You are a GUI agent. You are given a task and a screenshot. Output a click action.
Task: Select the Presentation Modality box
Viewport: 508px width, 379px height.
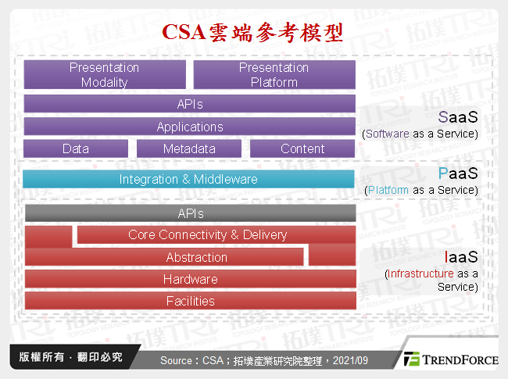[105, 75]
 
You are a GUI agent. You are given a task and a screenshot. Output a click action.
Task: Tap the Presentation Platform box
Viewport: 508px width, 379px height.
[274, 75]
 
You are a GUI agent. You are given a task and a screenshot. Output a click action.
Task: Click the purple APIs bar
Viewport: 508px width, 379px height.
[190, 104]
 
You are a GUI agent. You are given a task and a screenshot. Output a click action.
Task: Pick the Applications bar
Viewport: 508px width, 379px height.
[190, 127]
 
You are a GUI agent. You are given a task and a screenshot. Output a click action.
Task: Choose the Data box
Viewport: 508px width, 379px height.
[76, 148]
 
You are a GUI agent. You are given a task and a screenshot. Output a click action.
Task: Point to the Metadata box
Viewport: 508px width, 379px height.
[190, 148]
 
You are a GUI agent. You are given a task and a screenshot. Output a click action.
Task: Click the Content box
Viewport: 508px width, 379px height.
[302, 148]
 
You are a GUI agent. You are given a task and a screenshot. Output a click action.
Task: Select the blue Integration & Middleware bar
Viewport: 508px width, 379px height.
[188, 179]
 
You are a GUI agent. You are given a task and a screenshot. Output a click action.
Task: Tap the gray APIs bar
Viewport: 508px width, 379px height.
[190, 213]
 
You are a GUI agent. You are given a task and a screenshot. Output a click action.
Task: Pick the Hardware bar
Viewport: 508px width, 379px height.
[190, 279]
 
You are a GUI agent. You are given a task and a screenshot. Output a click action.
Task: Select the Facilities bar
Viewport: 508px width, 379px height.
[190, 301]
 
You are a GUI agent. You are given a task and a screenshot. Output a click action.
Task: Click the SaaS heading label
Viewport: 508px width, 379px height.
[457, 118]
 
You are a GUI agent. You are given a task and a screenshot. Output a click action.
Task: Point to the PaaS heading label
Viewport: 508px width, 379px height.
[457, 174]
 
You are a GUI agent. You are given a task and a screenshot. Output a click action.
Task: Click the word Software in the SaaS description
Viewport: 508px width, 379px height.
[388, 134]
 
